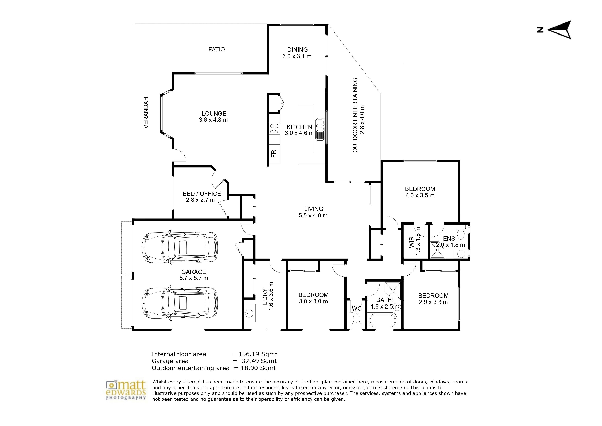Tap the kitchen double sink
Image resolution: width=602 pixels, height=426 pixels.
pyautogui.click(x=320, y=129)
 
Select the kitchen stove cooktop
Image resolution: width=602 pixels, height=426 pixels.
pyautogui.click(x=274, y=129)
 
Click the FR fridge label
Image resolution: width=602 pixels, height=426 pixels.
pyautogui.click(x=274, y=154)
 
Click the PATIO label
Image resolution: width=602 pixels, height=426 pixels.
pyautogui.click(x=217, y=49)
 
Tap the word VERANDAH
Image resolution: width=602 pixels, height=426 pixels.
pyautogui.click(x=146, y=113)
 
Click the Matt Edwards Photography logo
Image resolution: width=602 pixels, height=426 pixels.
pyautogui.click(x=126, y=390)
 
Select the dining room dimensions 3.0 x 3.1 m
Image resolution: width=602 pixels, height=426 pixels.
pyautogui.click(x=297, y=56)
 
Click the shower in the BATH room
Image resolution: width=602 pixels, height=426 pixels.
pyautogui.click(x=393, y=291)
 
